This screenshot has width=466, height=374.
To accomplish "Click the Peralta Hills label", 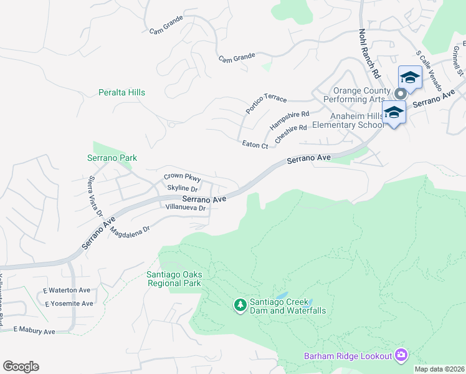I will pyautogui.click(x=121, y=92).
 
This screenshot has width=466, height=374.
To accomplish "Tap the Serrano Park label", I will pyautogui.click(x=112, y=158).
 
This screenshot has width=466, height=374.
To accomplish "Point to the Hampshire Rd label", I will pyautogui.click(x=289, y=120).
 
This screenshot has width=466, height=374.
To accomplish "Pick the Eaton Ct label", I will pyautogui.click(x=255, y=145).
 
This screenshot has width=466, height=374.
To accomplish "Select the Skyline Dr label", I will pyautogui.click(x=182, y=188).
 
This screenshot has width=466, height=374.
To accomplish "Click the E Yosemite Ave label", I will pyautogui.click(x=69, y=304).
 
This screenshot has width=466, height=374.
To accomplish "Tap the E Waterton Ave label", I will pyautogui.click(x=67, y=290).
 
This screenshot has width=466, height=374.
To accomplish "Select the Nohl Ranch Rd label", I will pyautogui.click(x=368, y=54).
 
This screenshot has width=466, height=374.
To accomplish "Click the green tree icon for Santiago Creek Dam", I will pyautogui.click(x=240, y=305).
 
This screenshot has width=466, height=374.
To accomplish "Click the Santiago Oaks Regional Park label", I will pyautogui.click(x=174, y=279).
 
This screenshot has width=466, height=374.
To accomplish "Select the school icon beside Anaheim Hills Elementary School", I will pyautogui.click(x=394, y=113).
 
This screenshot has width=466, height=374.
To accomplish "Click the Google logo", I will pyautogui.click(x=21, y=367).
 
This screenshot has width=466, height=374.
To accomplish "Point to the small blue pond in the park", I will pyautogui.click(x=282, y=295).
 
